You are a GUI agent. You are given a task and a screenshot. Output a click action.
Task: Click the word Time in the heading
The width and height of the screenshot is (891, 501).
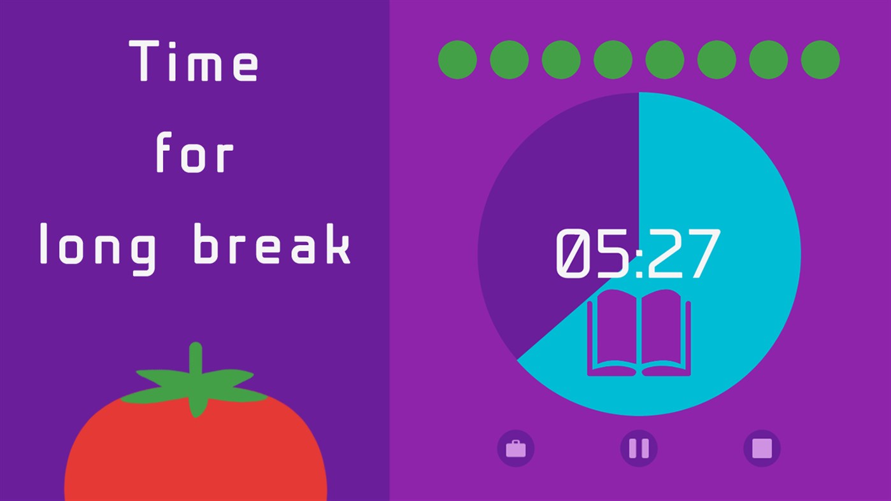(194, 61)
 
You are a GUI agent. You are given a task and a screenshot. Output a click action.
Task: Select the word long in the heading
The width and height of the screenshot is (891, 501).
(97, 246)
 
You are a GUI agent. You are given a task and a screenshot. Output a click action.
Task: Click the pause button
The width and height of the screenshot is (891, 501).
(639, 449)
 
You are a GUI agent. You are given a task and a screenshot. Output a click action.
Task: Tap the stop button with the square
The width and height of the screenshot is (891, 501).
(762, 449)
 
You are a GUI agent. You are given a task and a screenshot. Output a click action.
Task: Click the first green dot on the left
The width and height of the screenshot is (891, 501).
(457, 60)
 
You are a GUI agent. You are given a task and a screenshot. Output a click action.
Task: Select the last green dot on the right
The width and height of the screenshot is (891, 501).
(820, 60)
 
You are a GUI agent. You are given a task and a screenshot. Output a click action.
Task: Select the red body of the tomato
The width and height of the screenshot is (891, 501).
(196, 452)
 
